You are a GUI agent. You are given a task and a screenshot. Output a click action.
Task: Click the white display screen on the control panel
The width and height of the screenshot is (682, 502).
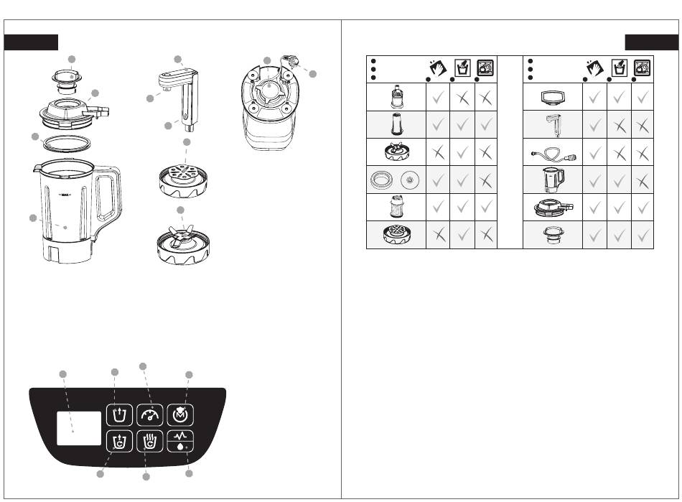click(79, 429)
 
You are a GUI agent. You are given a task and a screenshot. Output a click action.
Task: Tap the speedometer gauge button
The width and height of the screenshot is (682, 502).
click(150, 415)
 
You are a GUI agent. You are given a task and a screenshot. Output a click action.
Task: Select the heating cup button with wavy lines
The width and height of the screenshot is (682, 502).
click(150, 442)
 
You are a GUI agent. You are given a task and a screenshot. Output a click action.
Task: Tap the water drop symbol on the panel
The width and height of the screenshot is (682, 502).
click(180, 446)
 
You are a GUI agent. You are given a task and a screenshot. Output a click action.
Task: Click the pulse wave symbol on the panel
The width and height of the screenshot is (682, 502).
click(180, 435)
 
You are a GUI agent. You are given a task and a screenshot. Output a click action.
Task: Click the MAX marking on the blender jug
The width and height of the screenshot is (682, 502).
click(65, 195)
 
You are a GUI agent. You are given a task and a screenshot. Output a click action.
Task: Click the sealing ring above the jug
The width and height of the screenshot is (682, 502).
click(67, 144)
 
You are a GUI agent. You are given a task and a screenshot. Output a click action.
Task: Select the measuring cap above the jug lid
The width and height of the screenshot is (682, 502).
click(67, 81)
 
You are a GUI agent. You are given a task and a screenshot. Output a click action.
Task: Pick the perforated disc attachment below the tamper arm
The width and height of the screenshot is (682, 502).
click(183, 180)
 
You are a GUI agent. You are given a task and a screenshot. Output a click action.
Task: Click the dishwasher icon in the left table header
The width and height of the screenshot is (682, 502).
click(485, 68)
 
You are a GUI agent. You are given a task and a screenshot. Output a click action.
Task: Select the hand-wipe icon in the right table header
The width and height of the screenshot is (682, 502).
click(594, 68)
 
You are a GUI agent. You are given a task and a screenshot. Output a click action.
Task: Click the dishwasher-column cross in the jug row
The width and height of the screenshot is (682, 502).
click(643, 181)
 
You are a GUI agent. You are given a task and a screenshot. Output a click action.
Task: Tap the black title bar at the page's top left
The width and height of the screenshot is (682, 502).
click(31, 42)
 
